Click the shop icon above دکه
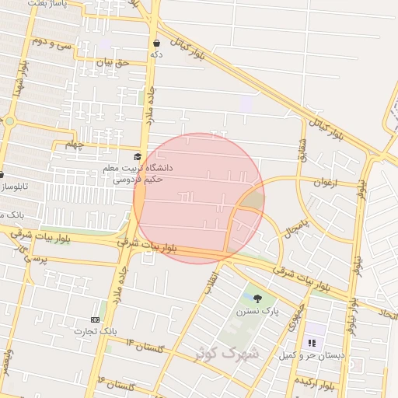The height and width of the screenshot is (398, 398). tap(157, 43)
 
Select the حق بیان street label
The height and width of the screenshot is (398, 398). tap(110, 61)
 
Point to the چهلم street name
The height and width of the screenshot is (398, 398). tap(73, 144)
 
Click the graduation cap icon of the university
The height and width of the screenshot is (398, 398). tap(138, 156)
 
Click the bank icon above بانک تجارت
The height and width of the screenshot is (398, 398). tap(96, 319)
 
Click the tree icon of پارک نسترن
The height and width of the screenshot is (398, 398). tap(257, 298)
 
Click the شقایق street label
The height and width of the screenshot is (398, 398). tap(302, 151)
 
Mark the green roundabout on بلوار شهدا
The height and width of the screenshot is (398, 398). tap(9, 121)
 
